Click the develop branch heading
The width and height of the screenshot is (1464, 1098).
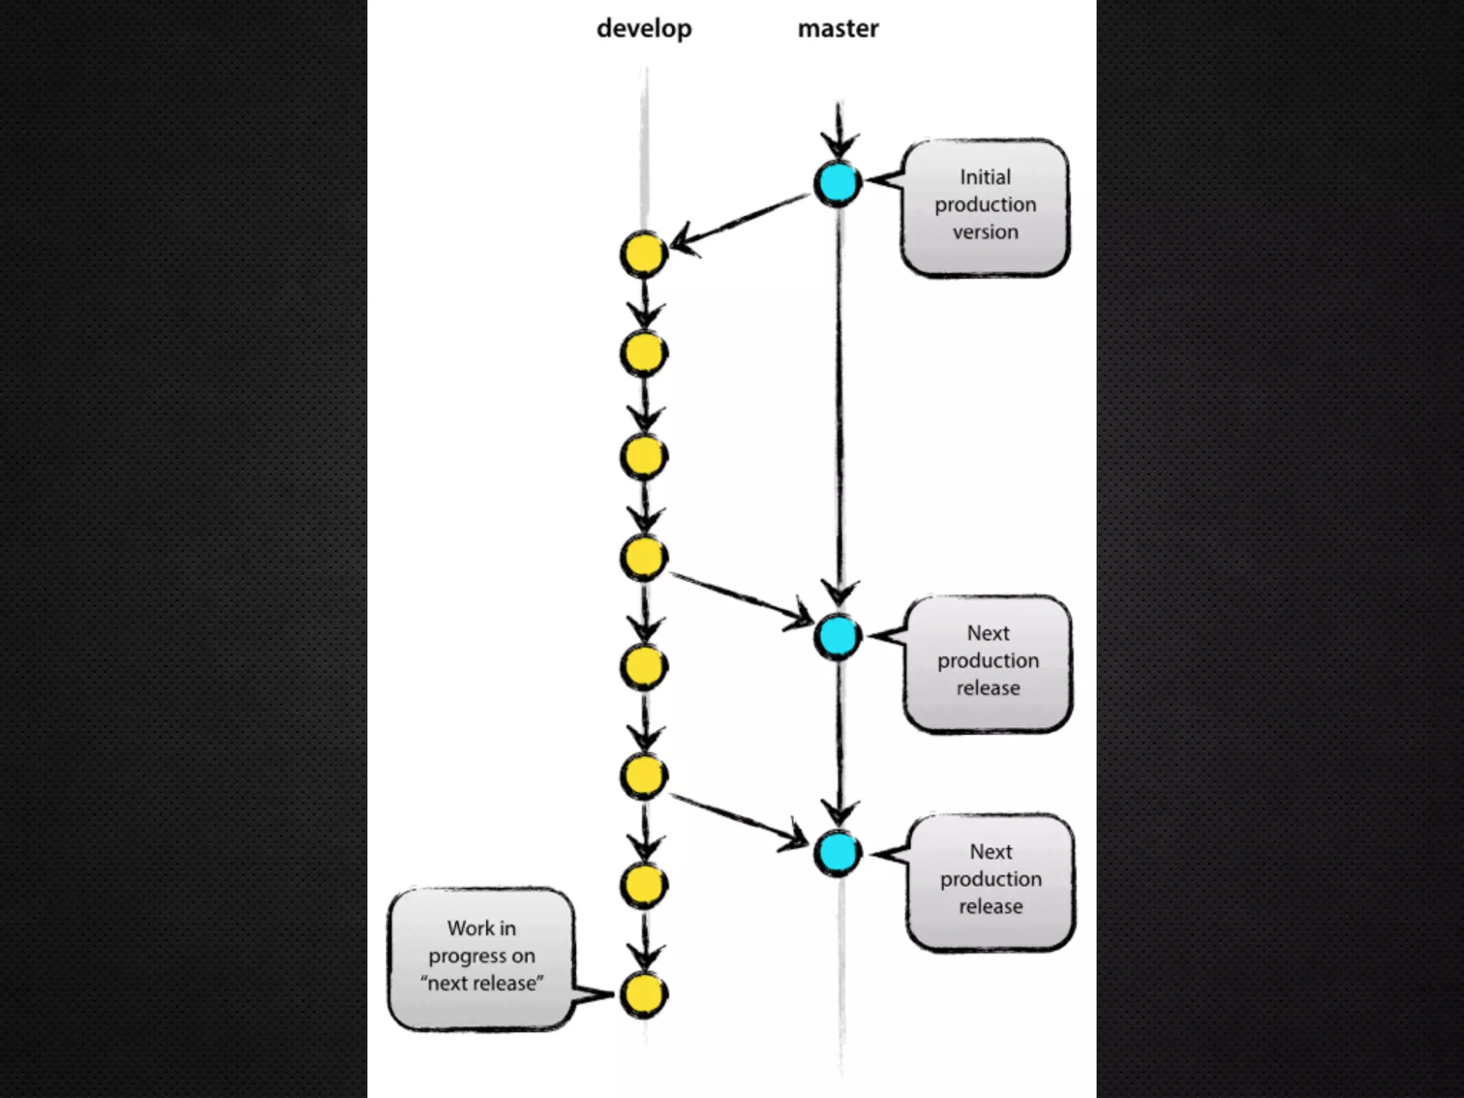644,29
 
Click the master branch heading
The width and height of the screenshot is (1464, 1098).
838,29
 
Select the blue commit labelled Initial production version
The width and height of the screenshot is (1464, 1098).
838,183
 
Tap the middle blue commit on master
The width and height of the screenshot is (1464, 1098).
838,636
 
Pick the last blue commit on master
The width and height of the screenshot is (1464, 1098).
838,852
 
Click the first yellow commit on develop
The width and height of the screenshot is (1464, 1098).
643,254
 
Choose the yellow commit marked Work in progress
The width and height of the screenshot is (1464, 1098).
643,994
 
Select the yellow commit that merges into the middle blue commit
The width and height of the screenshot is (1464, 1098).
643,558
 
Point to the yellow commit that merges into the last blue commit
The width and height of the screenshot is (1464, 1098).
643,776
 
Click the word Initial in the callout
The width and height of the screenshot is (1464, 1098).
985,177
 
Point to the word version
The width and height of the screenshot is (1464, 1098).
985,232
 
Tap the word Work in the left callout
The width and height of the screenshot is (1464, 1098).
463,929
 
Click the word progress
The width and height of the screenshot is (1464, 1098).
467,956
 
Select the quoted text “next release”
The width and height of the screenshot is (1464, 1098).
482,984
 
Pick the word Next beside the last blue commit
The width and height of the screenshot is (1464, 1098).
991,852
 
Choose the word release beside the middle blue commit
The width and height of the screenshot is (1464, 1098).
988,688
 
